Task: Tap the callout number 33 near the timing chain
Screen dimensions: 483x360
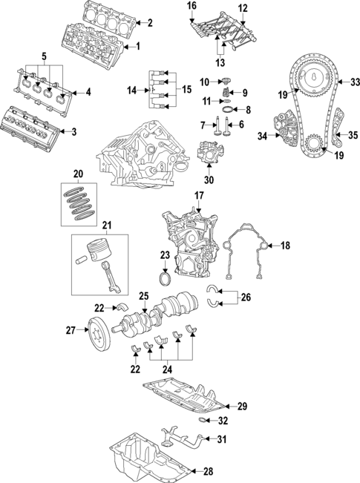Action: point(354,82)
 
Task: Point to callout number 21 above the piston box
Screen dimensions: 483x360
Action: point(106,225)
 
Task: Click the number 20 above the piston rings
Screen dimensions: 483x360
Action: point(78,175)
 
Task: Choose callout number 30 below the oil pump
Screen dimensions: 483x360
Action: point(208,179)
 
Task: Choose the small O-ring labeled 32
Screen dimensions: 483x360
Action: point(203,421)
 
